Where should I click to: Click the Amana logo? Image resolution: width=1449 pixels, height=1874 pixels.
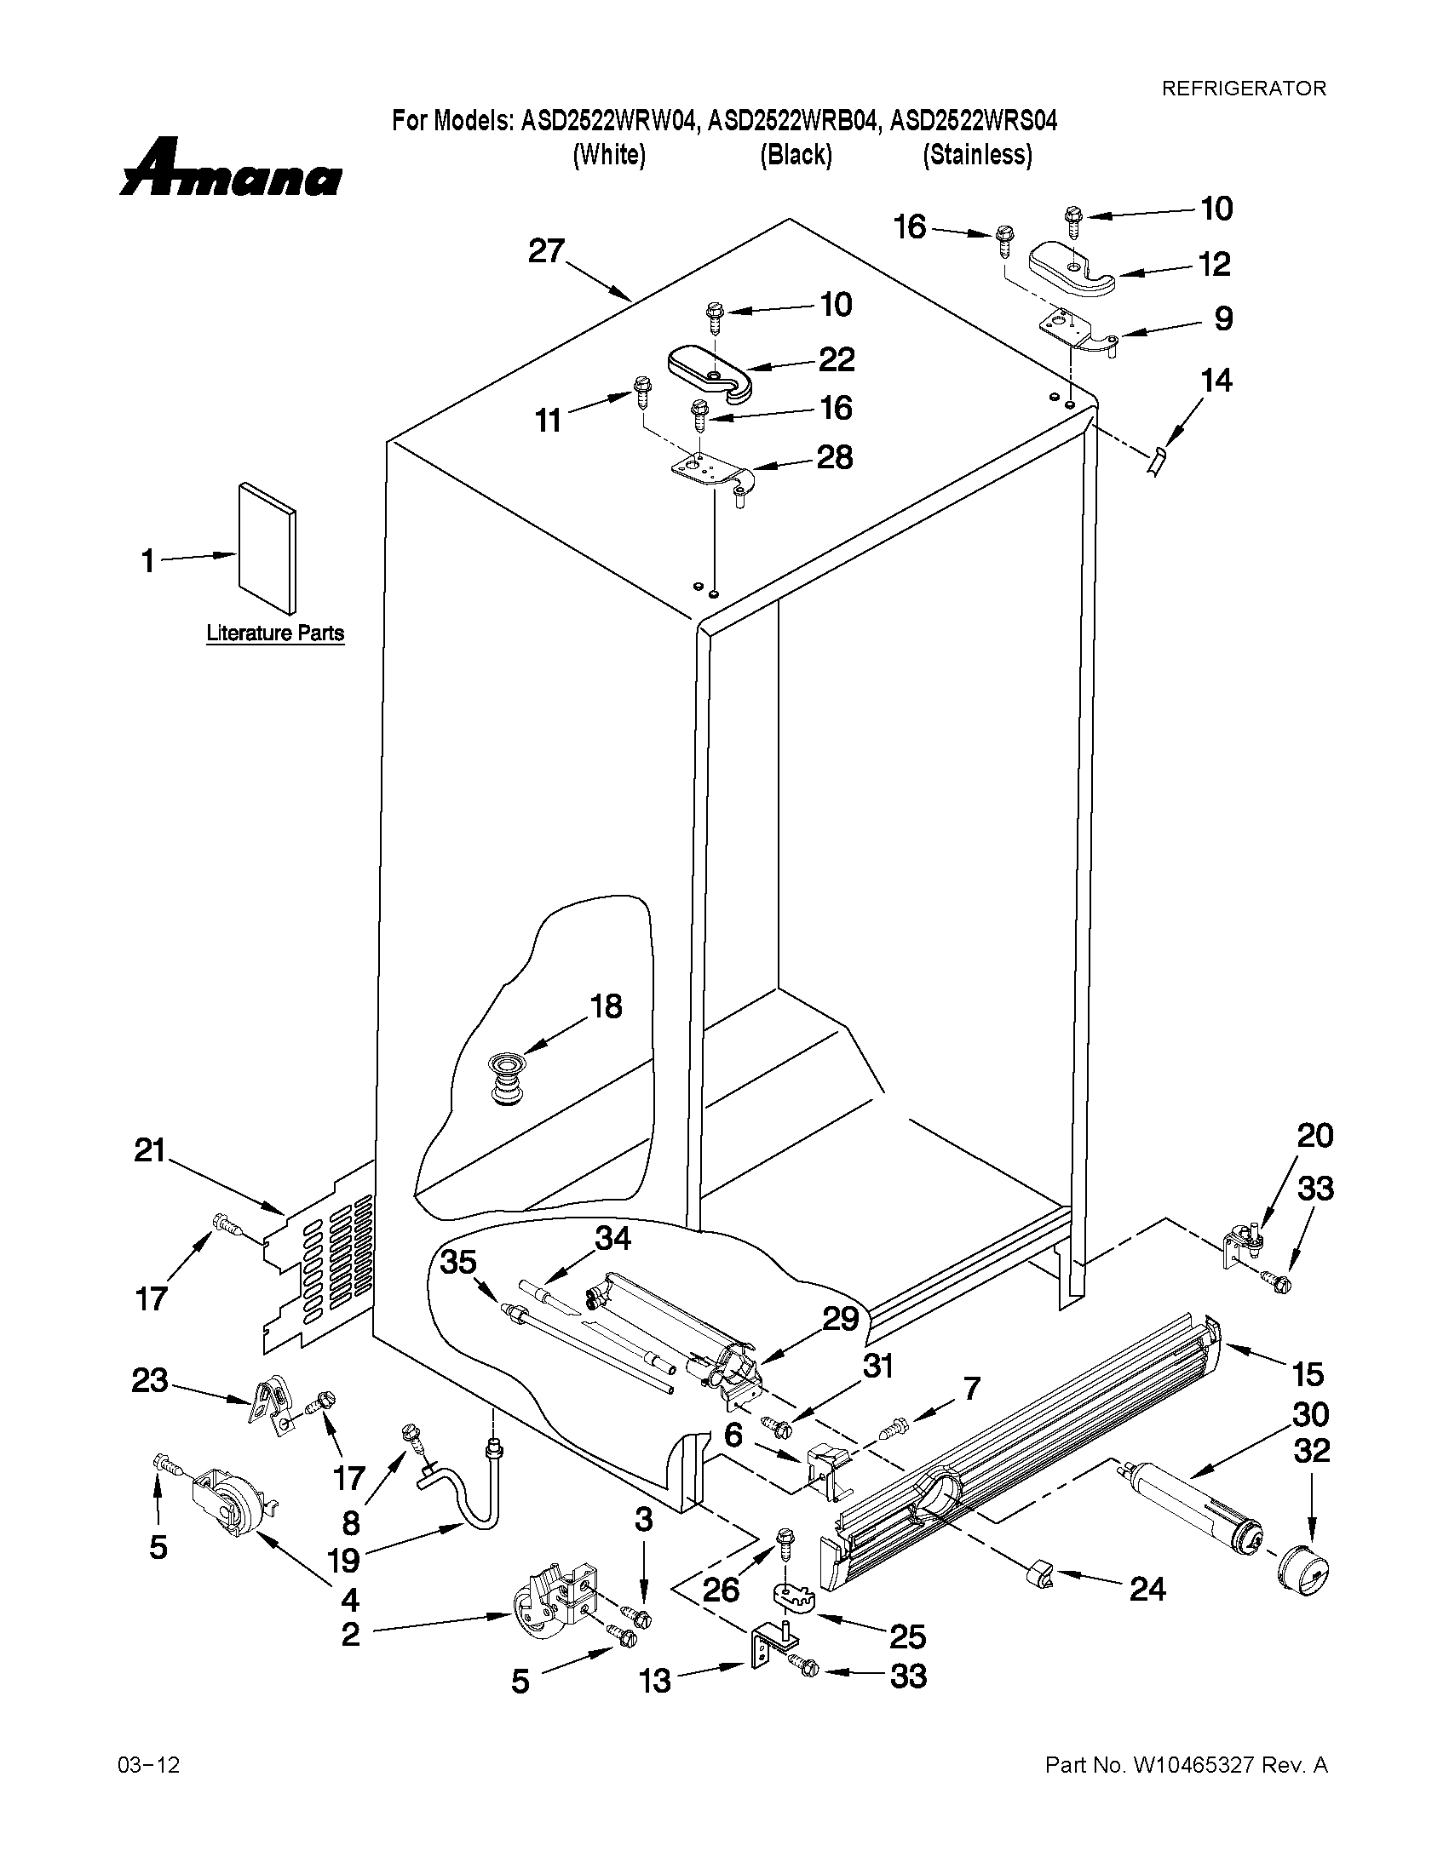coord(230,169)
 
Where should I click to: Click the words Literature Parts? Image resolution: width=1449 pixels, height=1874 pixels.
coord(274,633)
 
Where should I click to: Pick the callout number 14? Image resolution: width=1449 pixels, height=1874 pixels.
coord(1216,380)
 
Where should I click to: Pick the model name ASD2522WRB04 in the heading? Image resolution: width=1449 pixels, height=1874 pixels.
coord(794,122)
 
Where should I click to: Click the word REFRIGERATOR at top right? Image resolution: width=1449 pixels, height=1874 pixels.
coord(1243,88)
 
